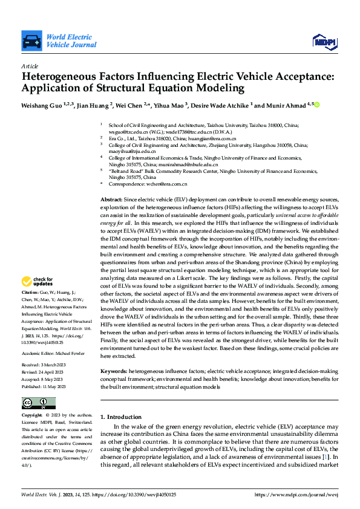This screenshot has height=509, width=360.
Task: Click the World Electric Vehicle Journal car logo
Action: pos(31,41)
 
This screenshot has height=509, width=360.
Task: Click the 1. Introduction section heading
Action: pos(120,417)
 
